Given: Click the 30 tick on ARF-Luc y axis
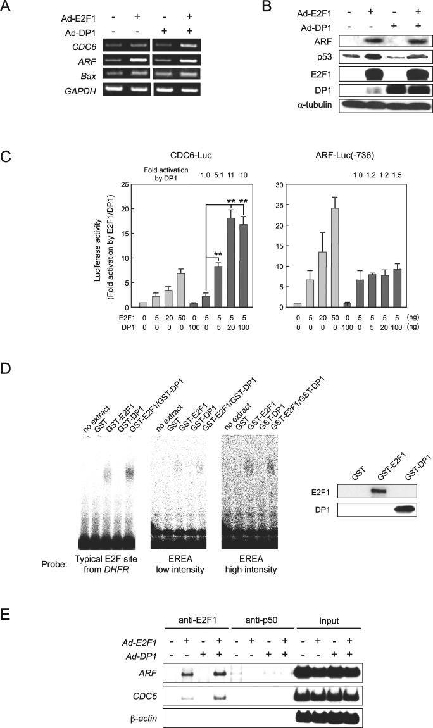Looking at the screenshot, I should coord(272,184).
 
